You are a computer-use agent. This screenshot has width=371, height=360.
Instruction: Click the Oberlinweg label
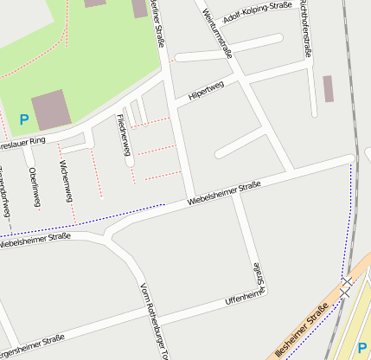(x=34, y=184)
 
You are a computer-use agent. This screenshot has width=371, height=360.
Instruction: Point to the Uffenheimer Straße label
(x=243, y=298)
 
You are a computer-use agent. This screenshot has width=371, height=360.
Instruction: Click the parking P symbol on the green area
(x=23, y=119)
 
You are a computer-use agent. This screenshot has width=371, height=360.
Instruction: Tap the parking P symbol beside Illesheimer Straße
(x=361, y=348)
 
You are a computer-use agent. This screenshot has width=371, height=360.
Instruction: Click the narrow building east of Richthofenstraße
(x=328, y=88)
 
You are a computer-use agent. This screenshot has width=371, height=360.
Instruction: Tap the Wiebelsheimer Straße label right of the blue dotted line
(x=225, y=195)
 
